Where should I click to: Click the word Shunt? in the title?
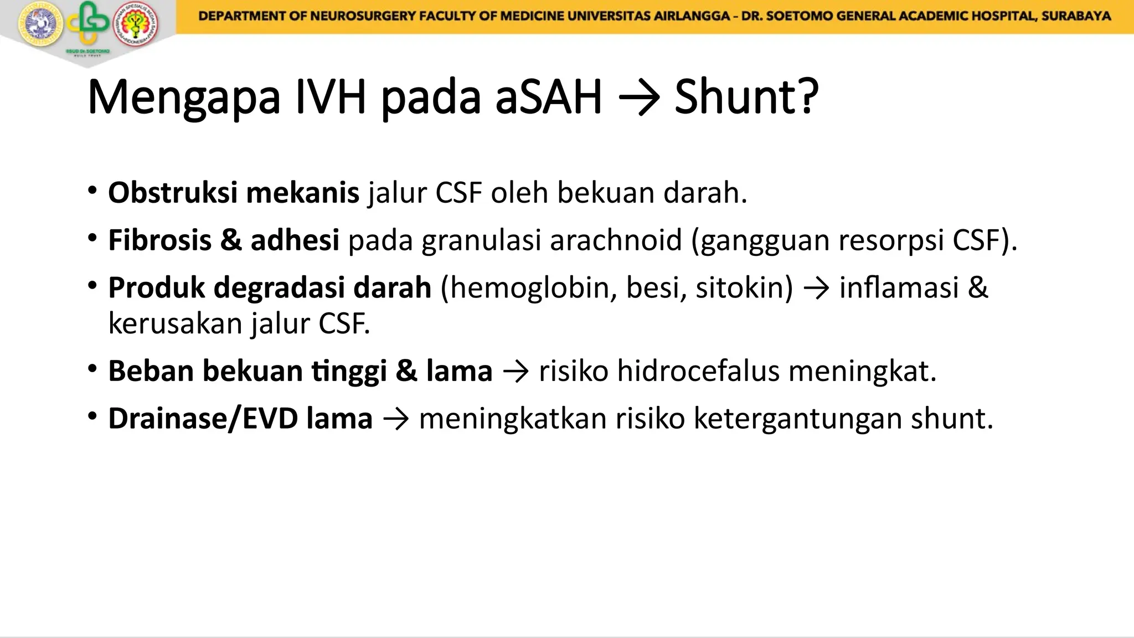(746, 97)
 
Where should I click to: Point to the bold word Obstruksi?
(173, 193)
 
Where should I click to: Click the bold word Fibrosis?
(159, 240)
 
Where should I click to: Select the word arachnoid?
(616, 240)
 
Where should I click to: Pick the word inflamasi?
(899, 288)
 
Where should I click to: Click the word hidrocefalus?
(698, 371)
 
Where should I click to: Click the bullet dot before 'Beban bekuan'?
(92, 369)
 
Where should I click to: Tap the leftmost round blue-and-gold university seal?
(40, 25)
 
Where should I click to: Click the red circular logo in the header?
(136, 25)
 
